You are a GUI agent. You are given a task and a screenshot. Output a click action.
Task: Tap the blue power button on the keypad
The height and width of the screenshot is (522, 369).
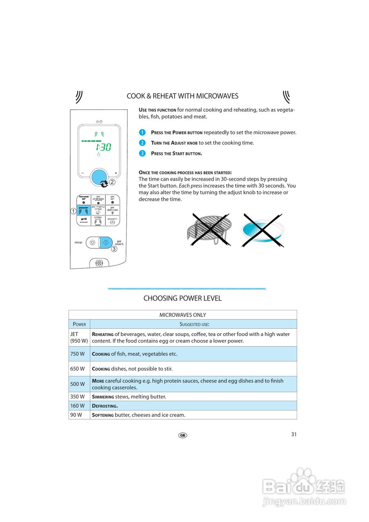pos(84,210)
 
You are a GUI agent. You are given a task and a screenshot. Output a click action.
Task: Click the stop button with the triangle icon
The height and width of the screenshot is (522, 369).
pos(92,242)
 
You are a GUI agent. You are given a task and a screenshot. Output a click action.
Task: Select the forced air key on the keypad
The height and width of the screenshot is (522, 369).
pos(84,199)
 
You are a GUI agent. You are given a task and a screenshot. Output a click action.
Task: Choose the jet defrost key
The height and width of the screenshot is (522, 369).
pos(112,210)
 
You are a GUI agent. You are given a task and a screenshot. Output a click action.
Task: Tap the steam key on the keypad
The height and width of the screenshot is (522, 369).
pos(112,221)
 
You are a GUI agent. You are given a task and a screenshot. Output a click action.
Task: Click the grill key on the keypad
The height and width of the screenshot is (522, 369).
pos(84,221)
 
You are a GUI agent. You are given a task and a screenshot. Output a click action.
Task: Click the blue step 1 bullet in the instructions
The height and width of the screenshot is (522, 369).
pos(142,133)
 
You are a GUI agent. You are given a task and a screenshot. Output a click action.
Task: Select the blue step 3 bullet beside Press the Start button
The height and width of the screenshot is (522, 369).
pos(142,153)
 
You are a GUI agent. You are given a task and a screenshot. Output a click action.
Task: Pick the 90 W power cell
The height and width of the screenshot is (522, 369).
pos(76,415)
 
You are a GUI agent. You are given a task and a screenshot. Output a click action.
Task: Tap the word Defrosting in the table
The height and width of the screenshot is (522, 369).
pos(105,406)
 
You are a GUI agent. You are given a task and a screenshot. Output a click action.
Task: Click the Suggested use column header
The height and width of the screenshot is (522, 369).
pos(194,324)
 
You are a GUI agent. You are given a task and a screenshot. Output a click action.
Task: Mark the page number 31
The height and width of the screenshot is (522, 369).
pos(294,434)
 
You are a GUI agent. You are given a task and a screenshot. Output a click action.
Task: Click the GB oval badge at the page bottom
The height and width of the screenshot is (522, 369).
pos(182,435)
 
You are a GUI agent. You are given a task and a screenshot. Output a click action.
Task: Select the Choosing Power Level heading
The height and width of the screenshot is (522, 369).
pos(182,299)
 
